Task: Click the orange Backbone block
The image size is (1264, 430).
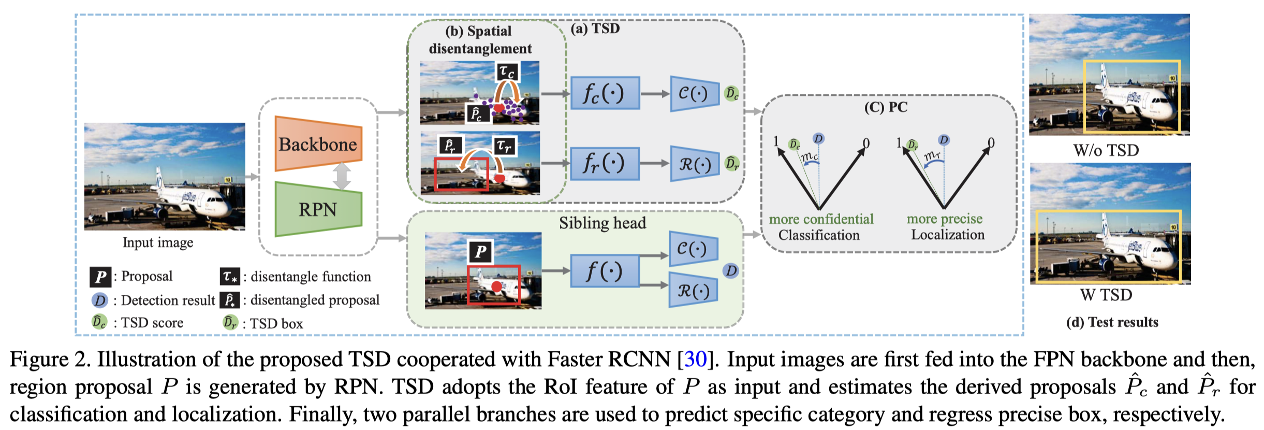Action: click(318, 144)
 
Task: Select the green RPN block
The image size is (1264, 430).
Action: click(318, 209)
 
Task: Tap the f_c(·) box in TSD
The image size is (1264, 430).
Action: click(605, 93)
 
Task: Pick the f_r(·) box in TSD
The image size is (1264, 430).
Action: click(605, 163)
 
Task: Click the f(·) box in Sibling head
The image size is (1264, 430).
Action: click(605, 270)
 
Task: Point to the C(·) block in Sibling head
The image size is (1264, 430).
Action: click(694, 249)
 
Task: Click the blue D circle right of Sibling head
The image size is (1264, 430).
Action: click(730, 270)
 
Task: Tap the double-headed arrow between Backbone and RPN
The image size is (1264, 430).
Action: click(342, 176)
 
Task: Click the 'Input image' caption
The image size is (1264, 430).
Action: click(158, 242)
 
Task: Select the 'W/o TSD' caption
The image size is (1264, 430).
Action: click(1106, 150)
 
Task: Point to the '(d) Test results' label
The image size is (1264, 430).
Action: click(1112, 322)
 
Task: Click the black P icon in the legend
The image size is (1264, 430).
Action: click(100, 277)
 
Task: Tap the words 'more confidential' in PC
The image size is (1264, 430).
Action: click(821, 219)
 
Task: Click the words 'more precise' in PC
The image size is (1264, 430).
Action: click(945, 219)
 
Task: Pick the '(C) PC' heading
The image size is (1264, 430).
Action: click(886, 107)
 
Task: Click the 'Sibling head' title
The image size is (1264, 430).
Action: click(602, 223)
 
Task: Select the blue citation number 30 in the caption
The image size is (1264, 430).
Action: click(696, 359)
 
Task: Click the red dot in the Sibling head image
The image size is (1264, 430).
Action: click(496, 286)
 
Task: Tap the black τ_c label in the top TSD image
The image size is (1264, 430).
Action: click(507, 71)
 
